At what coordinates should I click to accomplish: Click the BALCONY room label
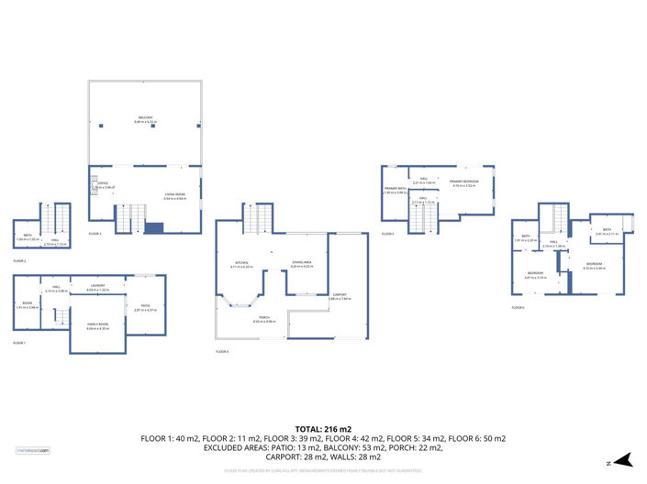[146, 117]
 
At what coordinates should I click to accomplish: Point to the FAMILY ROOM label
[97, 326]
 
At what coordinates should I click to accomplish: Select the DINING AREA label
[302, 263]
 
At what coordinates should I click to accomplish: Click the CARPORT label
[339, 295]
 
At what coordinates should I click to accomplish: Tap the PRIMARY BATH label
[396, 190]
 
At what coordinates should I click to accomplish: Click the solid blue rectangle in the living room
[154, 227]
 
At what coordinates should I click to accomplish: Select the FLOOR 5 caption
[387, 235]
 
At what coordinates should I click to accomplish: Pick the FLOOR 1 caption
[19, 342]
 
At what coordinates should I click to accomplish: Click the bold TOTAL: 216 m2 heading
[323, 428]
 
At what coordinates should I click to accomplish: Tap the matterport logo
[33, 450]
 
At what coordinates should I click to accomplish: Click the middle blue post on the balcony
[146, 126]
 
